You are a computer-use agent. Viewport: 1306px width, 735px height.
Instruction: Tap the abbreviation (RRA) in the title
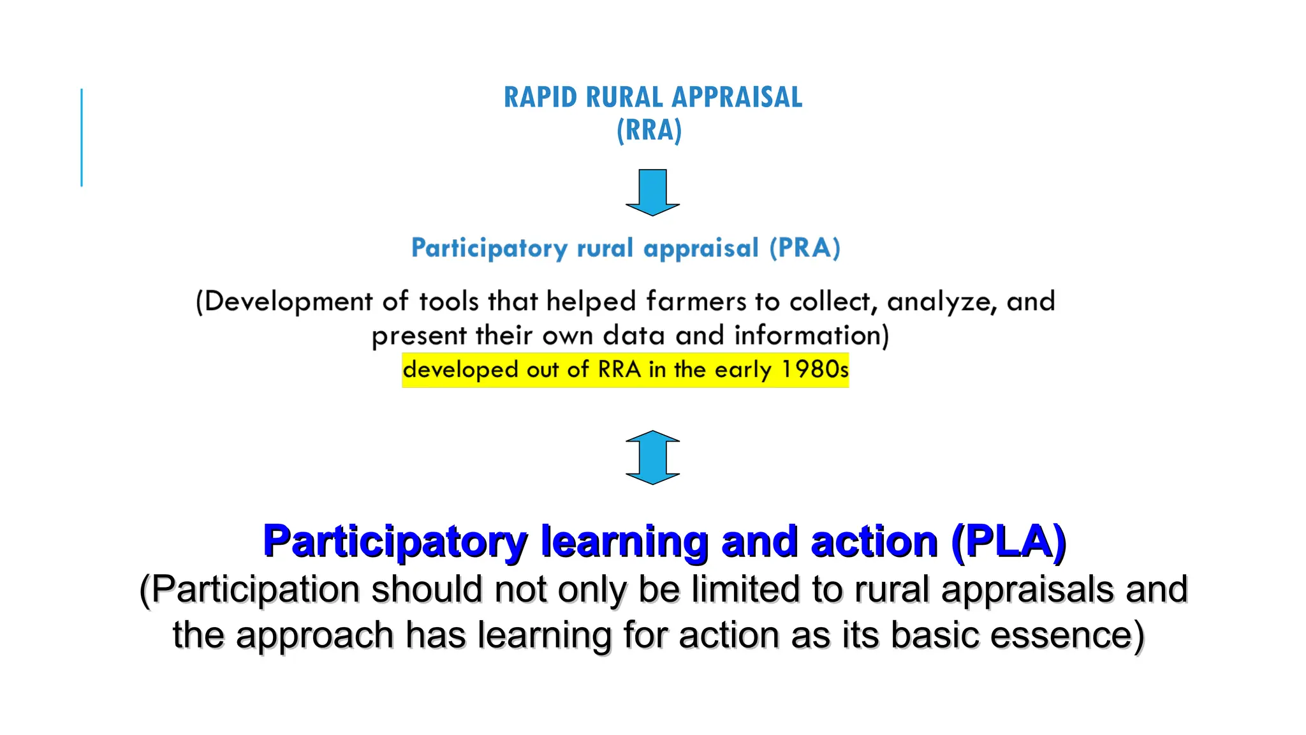(x=649, y=130)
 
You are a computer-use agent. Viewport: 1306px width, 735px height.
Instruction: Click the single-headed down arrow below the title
(x=652, y=192)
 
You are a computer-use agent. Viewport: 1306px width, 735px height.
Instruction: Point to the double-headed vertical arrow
(x=652, y=457)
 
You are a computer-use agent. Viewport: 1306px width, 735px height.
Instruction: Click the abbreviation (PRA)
(x=805, y=248)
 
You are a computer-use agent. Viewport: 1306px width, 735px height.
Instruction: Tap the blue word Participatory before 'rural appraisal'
(x=489, y=248)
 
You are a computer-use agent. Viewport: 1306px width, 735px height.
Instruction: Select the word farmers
(x=696, y=301)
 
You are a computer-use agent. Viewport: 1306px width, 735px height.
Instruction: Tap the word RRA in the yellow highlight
(x=619, y=369)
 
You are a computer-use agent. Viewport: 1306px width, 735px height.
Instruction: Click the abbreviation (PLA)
(x=1008, y=542)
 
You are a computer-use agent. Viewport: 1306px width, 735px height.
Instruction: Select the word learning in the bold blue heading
(x=624, y=542)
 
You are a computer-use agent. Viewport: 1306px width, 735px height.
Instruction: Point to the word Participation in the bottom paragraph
(x=255, y=589)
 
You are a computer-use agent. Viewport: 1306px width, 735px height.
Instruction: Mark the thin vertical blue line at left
(x=82, y=137)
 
